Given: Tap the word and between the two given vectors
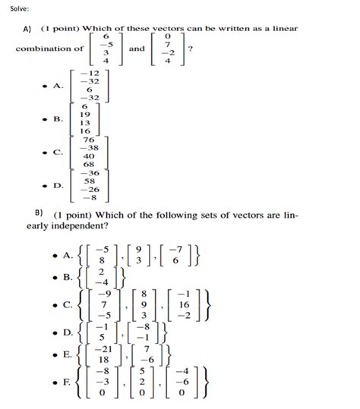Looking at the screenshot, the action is [137, 49].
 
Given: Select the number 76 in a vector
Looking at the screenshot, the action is [87, 140].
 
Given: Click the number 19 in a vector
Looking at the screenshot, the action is [85, 114].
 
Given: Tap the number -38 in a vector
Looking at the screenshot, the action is [87, 148].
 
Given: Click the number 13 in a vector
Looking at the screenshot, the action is [85, 122].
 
